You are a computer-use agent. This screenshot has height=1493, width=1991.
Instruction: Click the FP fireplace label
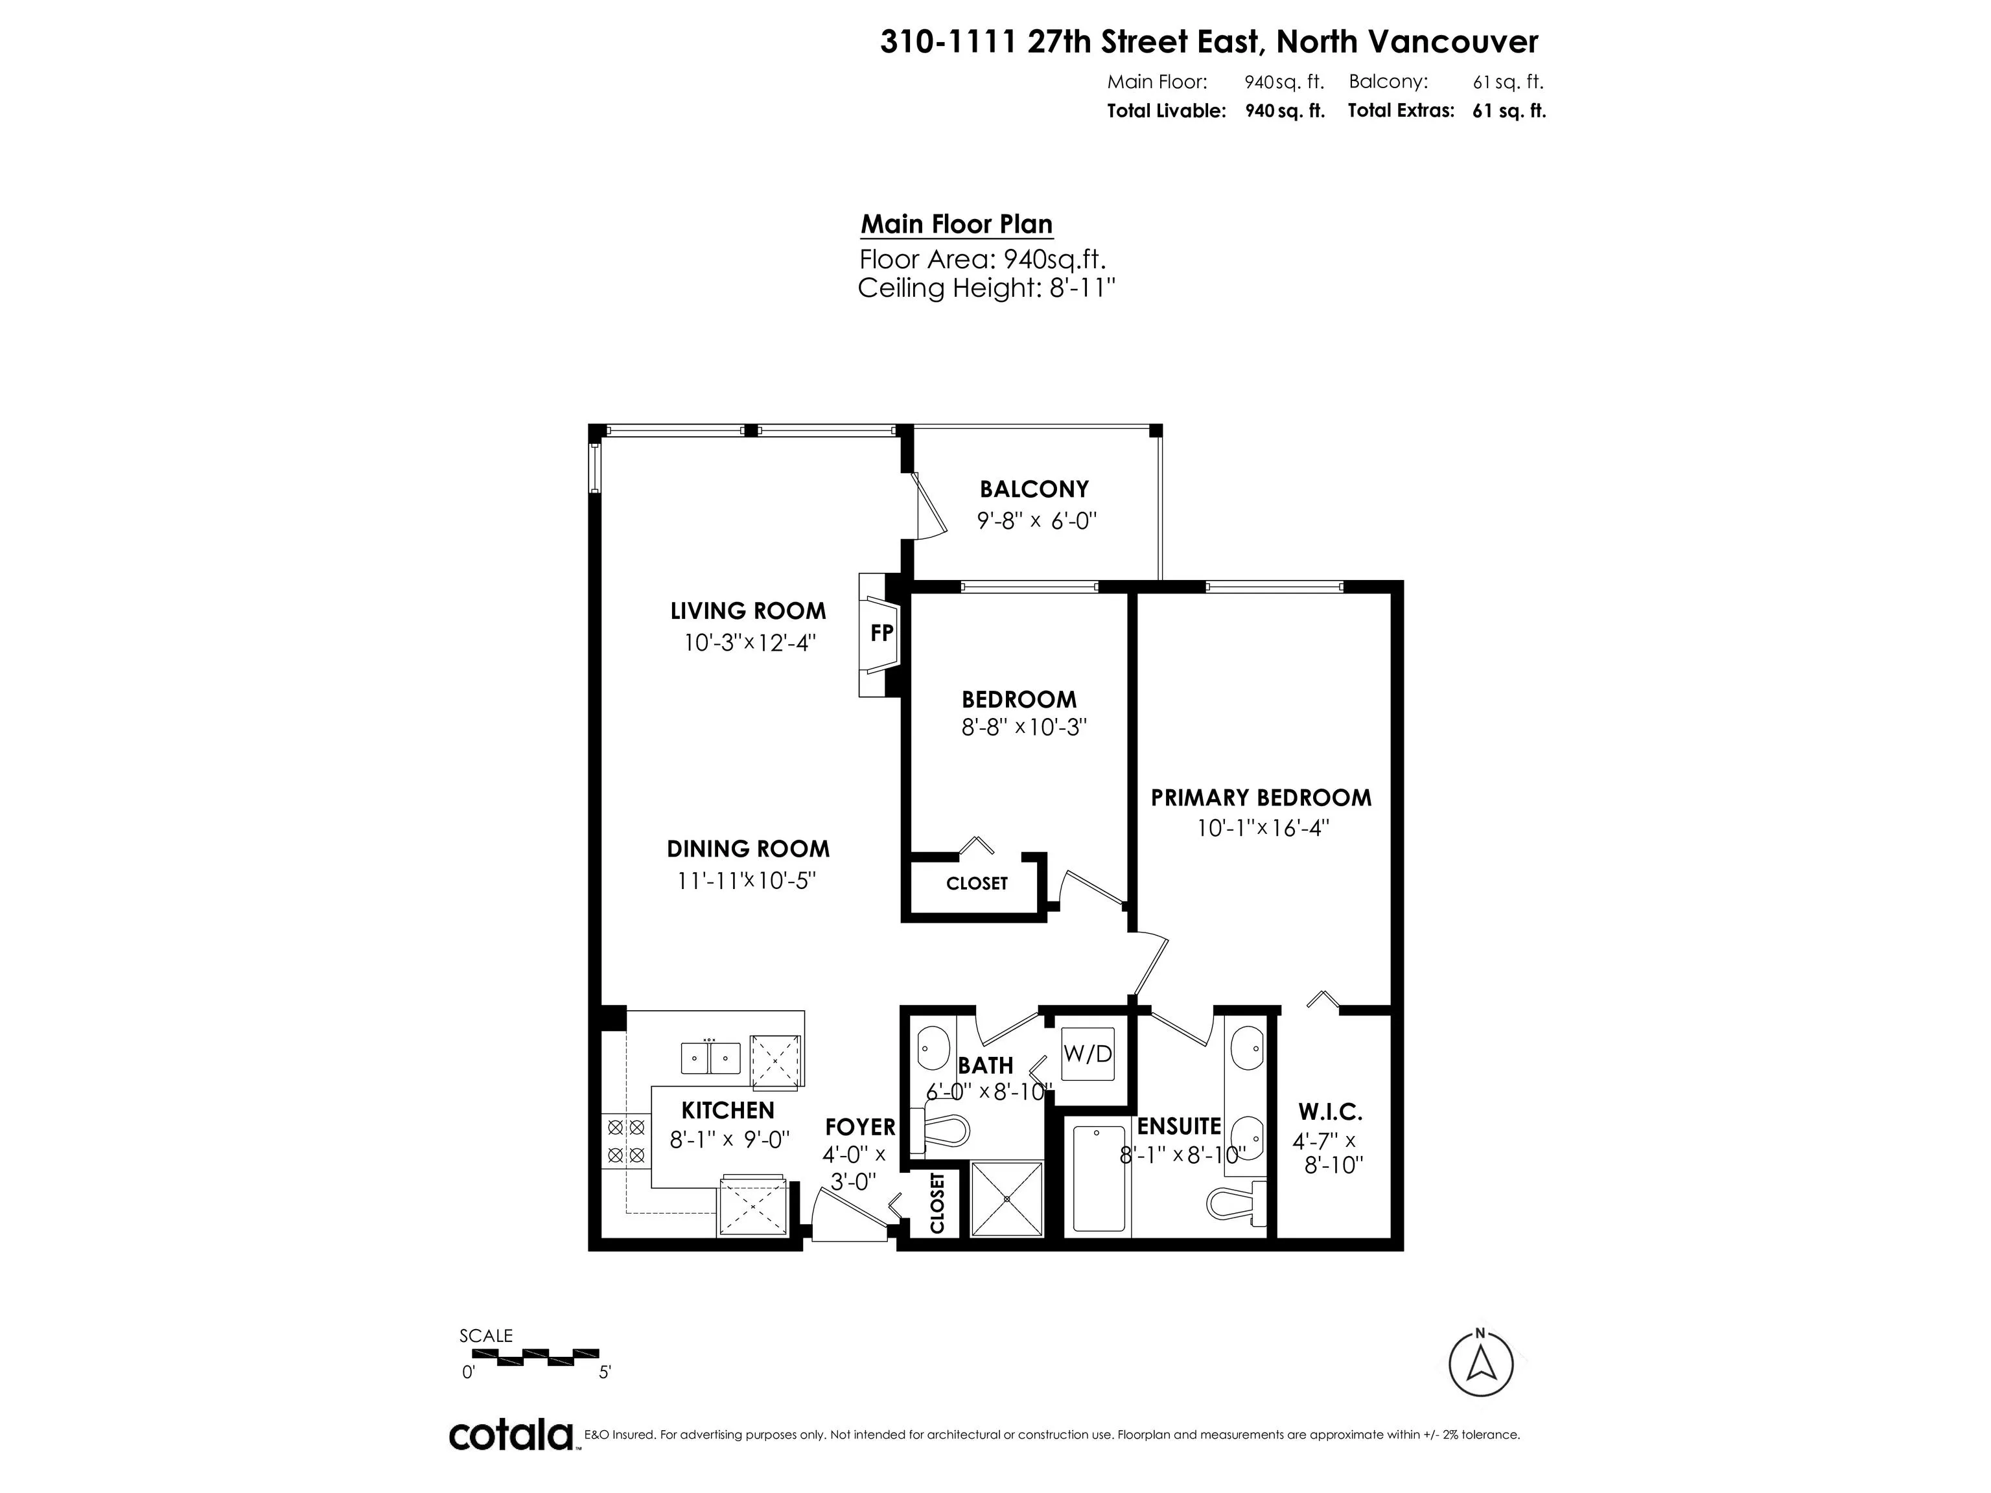[881, 632]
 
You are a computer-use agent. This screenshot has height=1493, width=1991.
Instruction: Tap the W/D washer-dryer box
[1088, 1053]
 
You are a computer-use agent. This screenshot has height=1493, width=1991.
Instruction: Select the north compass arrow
[1481, 1365]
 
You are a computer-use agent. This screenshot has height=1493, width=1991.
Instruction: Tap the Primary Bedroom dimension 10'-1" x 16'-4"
[1263, 827]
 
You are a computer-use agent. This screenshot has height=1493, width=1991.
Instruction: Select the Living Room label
[748, 611]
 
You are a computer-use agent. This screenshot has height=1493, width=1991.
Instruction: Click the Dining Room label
[748, 849]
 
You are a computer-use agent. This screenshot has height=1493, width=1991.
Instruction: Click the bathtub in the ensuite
[1099, 1179]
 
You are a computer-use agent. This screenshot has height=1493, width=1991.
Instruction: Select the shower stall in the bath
[1007, 1199]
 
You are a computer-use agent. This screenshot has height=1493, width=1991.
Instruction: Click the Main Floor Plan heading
[957, 224]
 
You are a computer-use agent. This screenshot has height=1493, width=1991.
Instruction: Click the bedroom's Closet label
[977, 884]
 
